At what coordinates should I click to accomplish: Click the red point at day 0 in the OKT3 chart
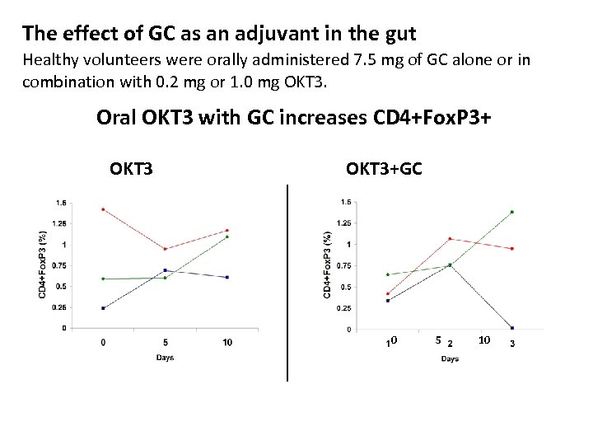click(103, 209)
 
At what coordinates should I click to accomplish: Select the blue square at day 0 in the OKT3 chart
click(103, 308)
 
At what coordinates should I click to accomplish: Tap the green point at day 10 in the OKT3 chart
click(227, 237)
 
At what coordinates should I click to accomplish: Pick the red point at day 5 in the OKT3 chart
click(166, 249)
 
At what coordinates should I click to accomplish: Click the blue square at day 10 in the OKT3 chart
click(227, 277)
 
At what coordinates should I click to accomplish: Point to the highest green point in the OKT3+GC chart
click(512, 212)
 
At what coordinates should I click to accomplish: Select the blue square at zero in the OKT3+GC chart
click(512, 328)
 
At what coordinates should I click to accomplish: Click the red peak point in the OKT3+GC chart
click(450, 239)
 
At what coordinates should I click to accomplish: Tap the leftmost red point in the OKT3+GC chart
click(387, 294)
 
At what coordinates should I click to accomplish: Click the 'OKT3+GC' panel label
click(384, 170)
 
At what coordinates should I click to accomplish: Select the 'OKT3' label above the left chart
click(131, 170)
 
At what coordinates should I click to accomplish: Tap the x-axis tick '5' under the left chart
click(166, 342)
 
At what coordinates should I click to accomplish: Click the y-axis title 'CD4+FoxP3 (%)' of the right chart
click(328, 264)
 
